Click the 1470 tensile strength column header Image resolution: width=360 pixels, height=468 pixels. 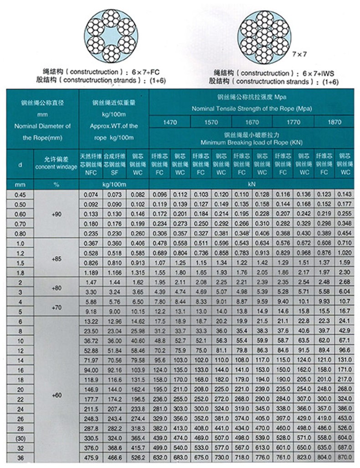170,122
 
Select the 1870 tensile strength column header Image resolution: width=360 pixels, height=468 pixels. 334,122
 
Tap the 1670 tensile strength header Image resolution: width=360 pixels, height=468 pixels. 252,122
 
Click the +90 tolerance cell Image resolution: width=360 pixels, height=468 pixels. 57,213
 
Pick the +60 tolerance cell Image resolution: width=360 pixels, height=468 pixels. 57,394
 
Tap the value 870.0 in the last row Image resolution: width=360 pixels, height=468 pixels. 345,459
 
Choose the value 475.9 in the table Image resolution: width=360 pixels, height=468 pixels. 91,459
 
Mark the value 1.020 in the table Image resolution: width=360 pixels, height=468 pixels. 345,253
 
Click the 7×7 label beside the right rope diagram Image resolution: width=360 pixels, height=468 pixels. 299,54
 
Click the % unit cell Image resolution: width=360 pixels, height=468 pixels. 57,185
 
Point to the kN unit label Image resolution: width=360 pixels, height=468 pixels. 252,185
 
